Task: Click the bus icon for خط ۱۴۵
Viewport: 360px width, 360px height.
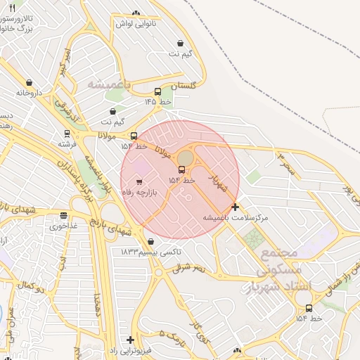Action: (x=157, y=92)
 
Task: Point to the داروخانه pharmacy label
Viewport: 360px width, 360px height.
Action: (x=29, y=92)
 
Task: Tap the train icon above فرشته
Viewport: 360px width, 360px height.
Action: (x=67, y=134)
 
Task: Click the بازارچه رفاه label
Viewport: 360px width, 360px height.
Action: (x=138, y=192)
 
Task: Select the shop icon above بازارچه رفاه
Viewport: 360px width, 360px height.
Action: (x=139, y=182)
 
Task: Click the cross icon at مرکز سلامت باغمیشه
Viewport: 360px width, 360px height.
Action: (x=235, y=207)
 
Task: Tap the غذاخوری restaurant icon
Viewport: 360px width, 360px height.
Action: (x=64, y=215)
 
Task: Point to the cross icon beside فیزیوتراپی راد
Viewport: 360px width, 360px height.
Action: (x=130, y=340)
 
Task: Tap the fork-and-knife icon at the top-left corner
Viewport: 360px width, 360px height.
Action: (x=12, y=8)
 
